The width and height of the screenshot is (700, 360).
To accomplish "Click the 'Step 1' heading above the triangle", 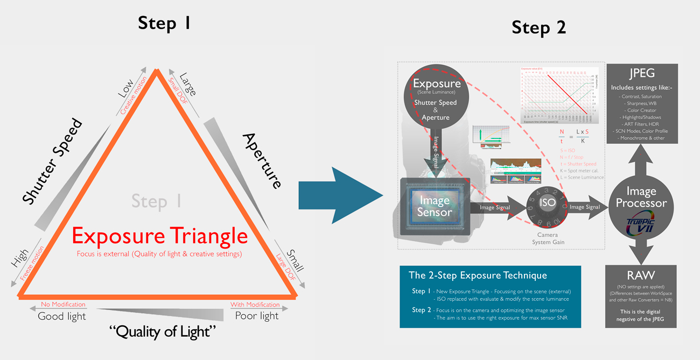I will [x=164, y=23].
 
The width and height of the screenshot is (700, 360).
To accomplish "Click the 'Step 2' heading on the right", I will [x=538, y=27].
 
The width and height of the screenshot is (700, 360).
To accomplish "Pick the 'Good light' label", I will [x=61, y=316].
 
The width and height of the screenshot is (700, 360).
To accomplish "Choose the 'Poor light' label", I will [x=257, y=316].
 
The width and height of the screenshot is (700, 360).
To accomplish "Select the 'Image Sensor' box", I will [x=435, y=207].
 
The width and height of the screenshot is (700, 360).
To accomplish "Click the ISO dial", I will [x=547, y=203].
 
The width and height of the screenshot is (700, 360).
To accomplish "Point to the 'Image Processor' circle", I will [x=641, y=197].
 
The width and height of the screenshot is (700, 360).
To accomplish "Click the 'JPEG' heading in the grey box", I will [x=641, y=73].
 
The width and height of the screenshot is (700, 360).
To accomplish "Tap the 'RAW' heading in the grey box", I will [x=641, y=276].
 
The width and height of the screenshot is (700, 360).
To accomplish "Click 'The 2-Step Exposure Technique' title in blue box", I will [x=478, y=276].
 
